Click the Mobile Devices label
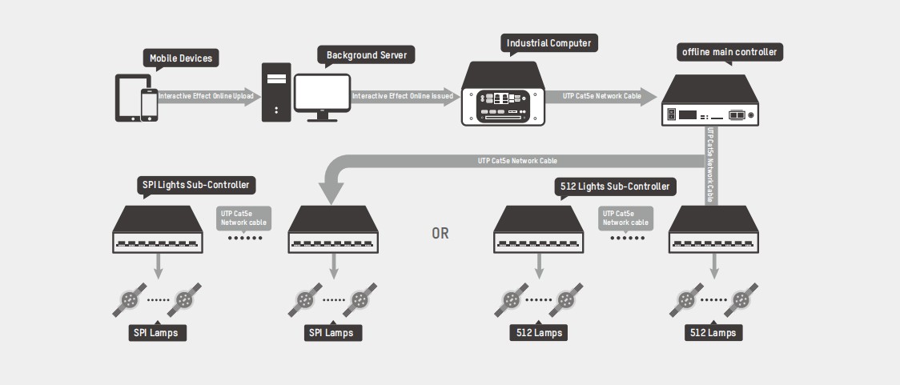(182, 58)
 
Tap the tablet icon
(131, 98)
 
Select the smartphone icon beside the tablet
(149, 105)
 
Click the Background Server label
(367, 55)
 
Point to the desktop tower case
(275, 92)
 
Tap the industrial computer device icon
(503, 97)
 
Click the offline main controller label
(729, 53)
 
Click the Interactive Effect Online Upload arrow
(207, 96)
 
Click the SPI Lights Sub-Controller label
(195, 186)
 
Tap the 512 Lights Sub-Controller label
(613, 186)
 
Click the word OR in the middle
(440, 234)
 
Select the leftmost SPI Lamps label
(159, 331)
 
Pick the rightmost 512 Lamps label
(714, 332)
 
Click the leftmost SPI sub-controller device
(158, 231)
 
